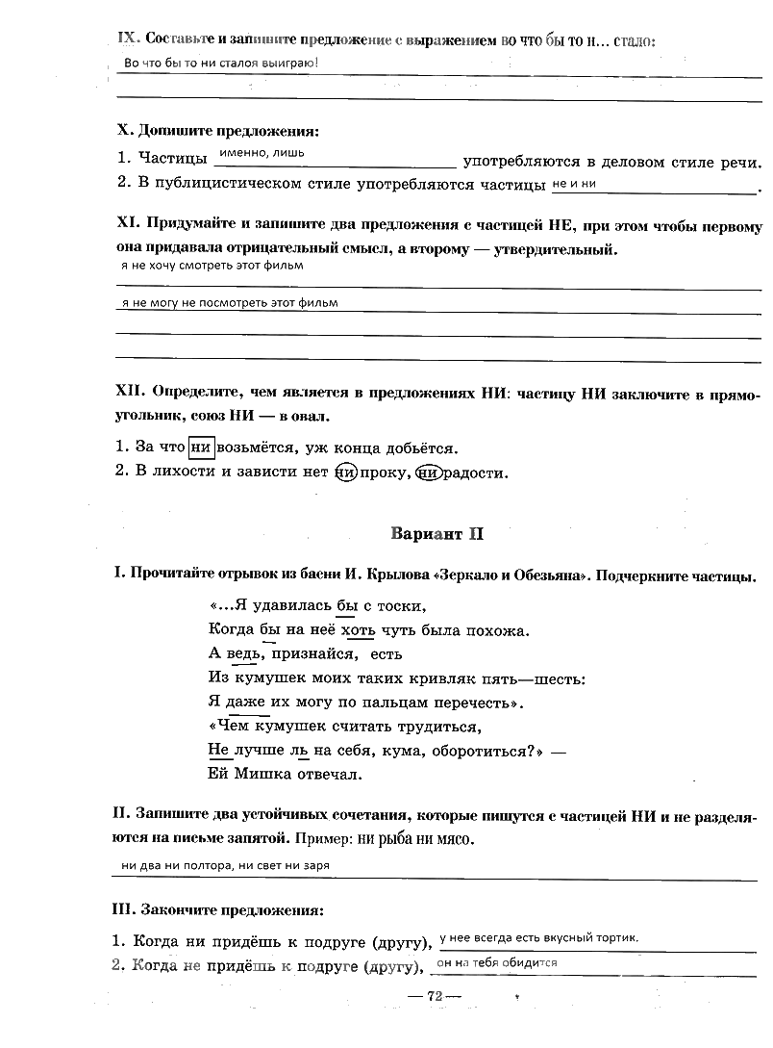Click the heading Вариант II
(436, 533)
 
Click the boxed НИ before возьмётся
(201, 447)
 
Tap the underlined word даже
(245, 702)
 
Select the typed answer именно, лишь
(262, 153)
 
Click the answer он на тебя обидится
(497, 962)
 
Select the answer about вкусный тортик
(538, 938)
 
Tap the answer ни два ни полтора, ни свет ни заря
(226, 866)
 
